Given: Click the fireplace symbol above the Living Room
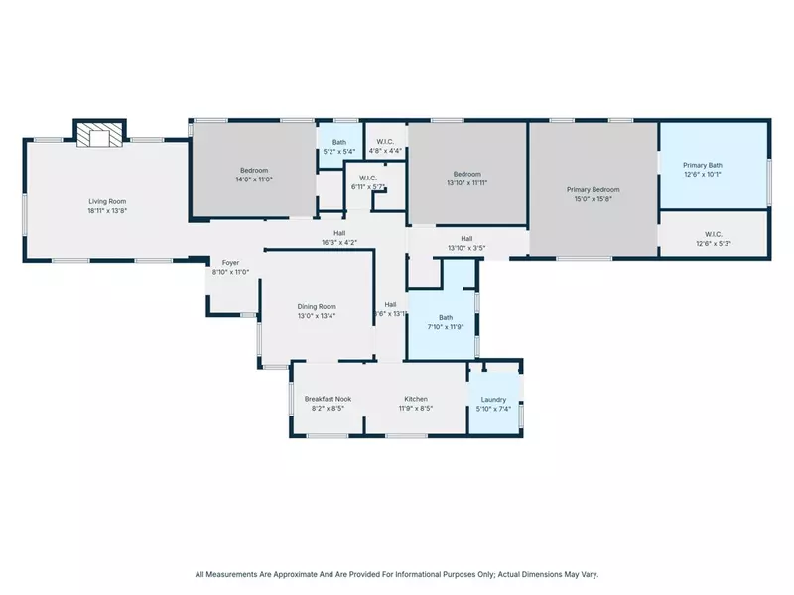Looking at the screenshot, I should tap(99, 134).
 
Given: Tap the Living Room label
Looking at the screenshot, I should tap(106, 201).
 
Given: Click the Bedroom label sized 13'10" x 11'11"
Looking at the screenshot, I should tap(466, 174).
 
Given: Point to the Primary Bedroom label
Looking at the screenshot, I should tap(593, 189).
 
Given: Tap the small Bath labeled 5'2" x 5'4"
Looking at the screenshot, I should tap(339, 142).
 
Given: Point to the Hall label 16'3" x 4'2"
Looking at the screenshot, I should tap(339, 233).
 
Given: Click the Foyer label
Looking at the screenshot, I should tap(230, 263).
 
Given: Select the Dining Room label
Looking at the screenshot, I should tap(317, 306).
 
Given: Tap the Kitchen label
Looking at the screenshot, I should tap(415, 399).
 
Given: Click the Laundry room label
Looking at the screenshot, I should tap(493, 399).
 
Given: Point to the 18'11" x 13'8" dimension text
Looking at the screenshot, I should tap(106, 210).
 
